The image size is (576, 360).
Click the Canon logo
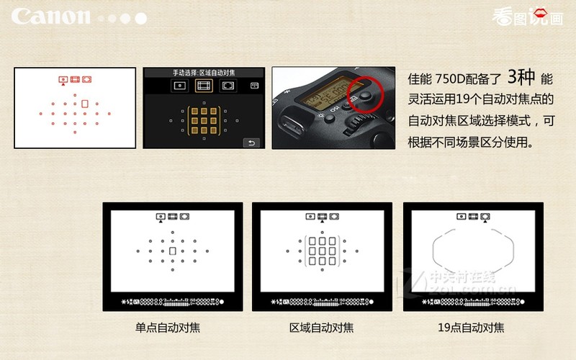click(51, 17)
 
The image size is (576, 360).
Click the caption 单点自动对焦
click(168, 328)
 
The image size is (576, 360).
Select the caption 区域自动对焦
click(321, 328)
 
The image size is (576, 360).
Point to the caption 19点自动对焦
click(471, 328)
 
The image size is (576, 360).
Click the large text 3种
click(521, 77)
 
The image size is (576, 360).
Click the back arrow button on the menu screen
click(251, 142)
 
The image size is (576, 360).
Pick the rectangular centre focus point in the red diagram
click(85, 104)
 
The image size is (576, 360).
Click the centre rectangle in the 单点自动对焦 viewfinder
click(173, 250)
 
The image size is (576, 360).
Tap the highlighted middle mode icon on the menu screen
click(204, 86)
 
